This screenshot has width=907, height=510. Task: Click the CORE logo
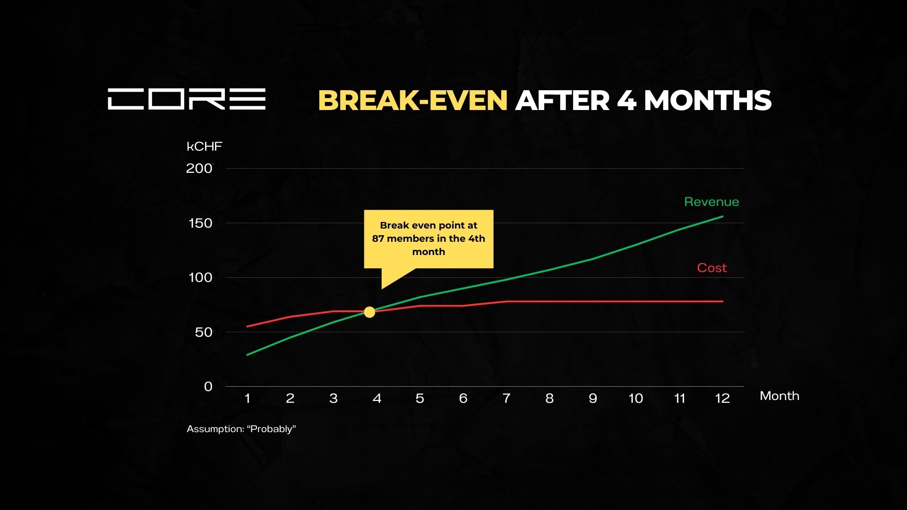tap(187, 99)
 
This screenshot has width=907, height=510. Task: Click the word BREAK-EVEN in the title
tap(413, 101)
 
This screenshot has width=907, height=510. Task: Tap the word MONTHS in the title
tap(708, 101)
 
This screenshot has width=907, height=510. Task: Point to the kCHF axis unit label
tap(204, 146)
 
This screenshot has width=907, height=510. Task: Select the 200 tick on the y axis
tap(199, 169)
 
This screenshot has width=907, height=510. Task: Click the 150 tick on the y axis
tap(200, 223)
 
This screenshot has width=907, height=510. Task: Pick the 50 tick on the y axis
tap(204, 332)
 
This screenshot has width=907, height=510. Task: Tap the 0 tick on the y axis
tap(208, 387)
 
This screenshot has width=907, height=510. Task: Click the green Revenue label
tap(711, 202)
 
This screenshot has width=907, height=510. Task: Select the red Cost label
tap(712, 268)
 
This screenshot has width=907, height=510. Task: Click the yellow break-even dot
tap(369, 312)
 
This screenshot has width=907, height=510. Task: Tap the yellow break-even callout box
tap(428, 239)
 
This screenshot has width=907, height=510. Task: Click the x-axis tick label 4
tap(376, 399)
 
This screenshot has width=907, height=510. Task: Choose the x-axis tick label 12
tap(722, 399)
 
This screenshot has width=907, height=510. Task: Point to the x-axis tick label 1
tap(247, 399)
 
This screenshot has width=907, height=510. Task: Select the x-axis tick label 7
tap(506, 399)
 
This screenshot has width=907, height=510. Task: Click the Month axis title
tap(779, 396)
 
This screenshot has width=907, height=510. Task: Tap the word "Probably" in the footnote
tap(271, 429)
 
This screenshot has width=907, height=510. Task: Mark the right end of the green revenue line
tap(723, 216)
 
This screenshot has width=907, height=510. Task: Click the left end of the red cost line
tap(247, 326)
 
